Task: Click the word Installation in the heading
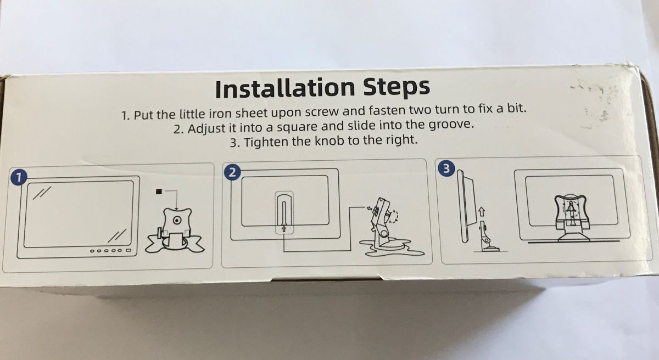point(285,88)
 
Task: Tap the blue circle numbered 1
point(19,178)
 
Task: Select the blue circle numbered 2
point(232,172)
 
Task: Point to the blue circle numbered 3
point(446,168)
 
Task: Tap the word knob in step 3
point(329,140)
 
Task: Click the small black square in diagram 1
point(159,192)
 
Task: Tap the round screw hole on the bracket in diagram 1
point(176,220)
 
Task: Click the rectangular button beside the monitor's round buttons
point(129,250)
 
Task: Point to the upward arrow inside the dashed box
point(284,228)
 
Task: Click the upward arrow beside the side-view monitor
point(481,211)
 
